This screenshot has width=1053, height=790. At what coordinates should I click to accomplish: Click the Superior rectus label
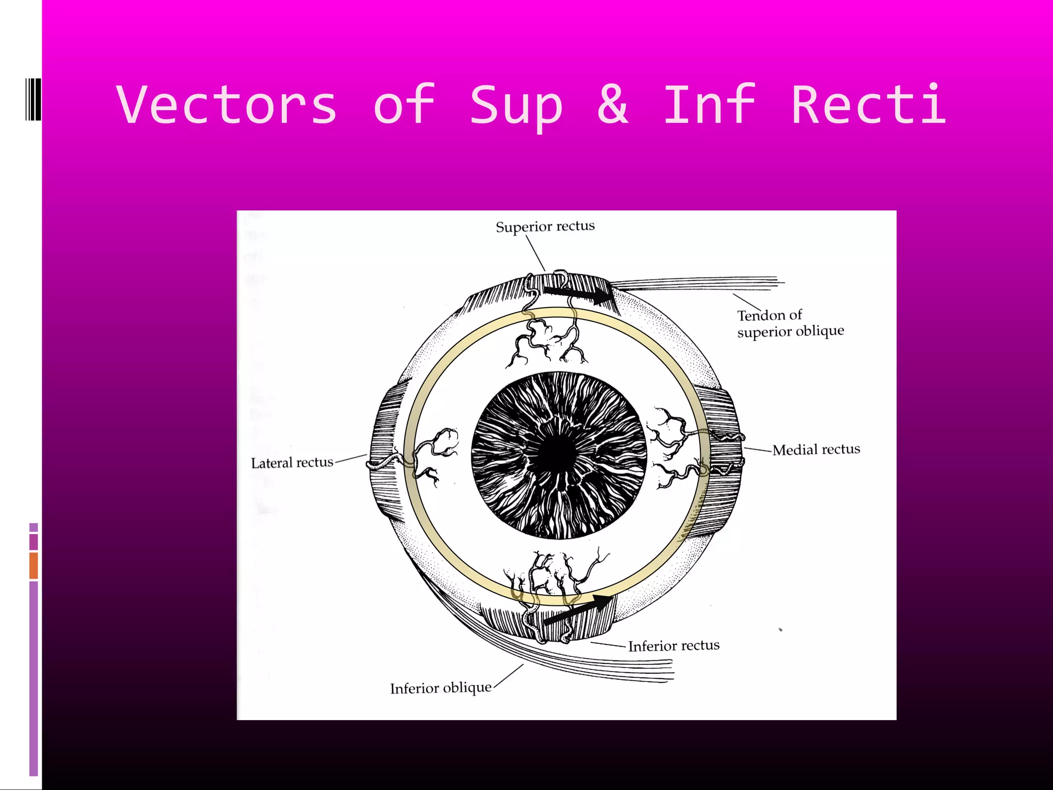point(545,226)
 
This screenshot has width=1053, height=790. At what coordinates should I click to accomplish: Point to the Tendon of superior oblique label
point(790,323)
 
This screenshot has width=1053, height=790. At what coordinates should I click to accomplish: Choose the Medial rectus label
point(816,450)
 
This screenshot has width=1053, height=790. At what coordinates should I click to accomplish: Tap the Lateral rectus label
point(292,463)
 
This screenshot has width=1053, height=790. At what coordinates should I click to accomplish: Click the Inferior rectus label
point(674,645)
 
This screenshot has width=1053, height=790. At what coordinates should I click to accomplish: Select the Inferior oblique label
point(441,688)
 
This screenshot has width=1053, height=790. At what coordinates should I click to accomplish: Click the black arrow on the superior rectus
point(578,295)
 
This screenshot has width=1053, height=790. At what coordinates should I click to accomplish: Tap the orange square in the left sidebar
point(33,566)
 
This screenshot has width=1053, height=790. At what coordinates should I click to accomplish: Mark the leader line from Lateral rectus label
point(351,459)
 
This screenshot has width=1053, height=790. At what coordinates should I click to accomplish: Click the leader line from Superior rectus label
point(535,253)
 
